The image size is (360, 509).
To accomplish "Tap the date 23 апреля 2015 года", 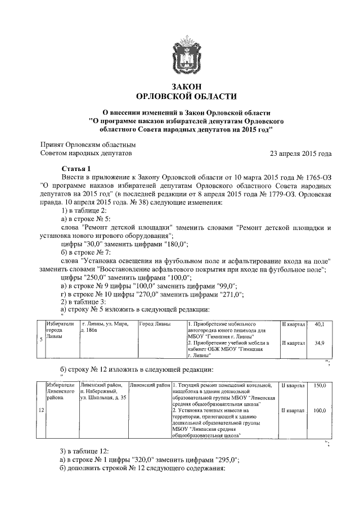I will pos(301,153).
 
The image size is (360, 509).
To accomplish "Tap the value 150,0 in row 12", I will pos(320,385).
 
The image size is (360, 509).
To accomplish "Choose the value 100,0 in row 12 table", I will pos(320,411).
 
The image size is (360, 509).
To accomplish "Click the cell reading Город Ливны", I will pos(154,325).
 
